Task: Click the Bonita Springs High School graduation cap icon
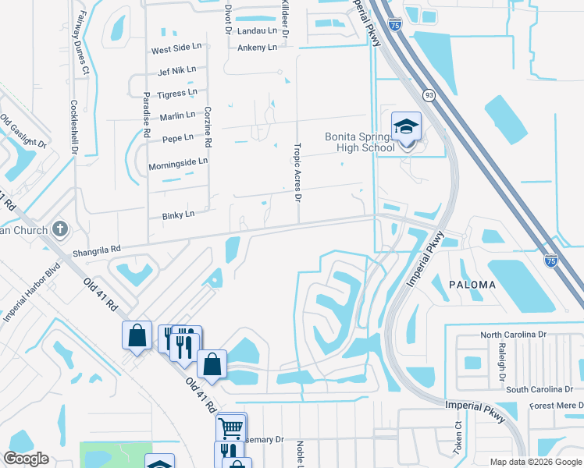[406, 126]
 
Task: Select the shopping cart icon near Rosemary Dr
[230, 427]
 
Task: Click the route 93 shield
[429, 94]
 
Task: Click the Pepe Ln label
[177, 138]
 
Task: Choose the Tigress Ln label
[177, 93]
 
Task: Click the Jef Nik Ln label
[176, 71]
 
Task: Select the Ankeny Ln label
[257, 48]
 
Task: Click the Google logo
[26, 459]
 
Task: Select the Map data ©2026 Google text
[535, 462]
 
